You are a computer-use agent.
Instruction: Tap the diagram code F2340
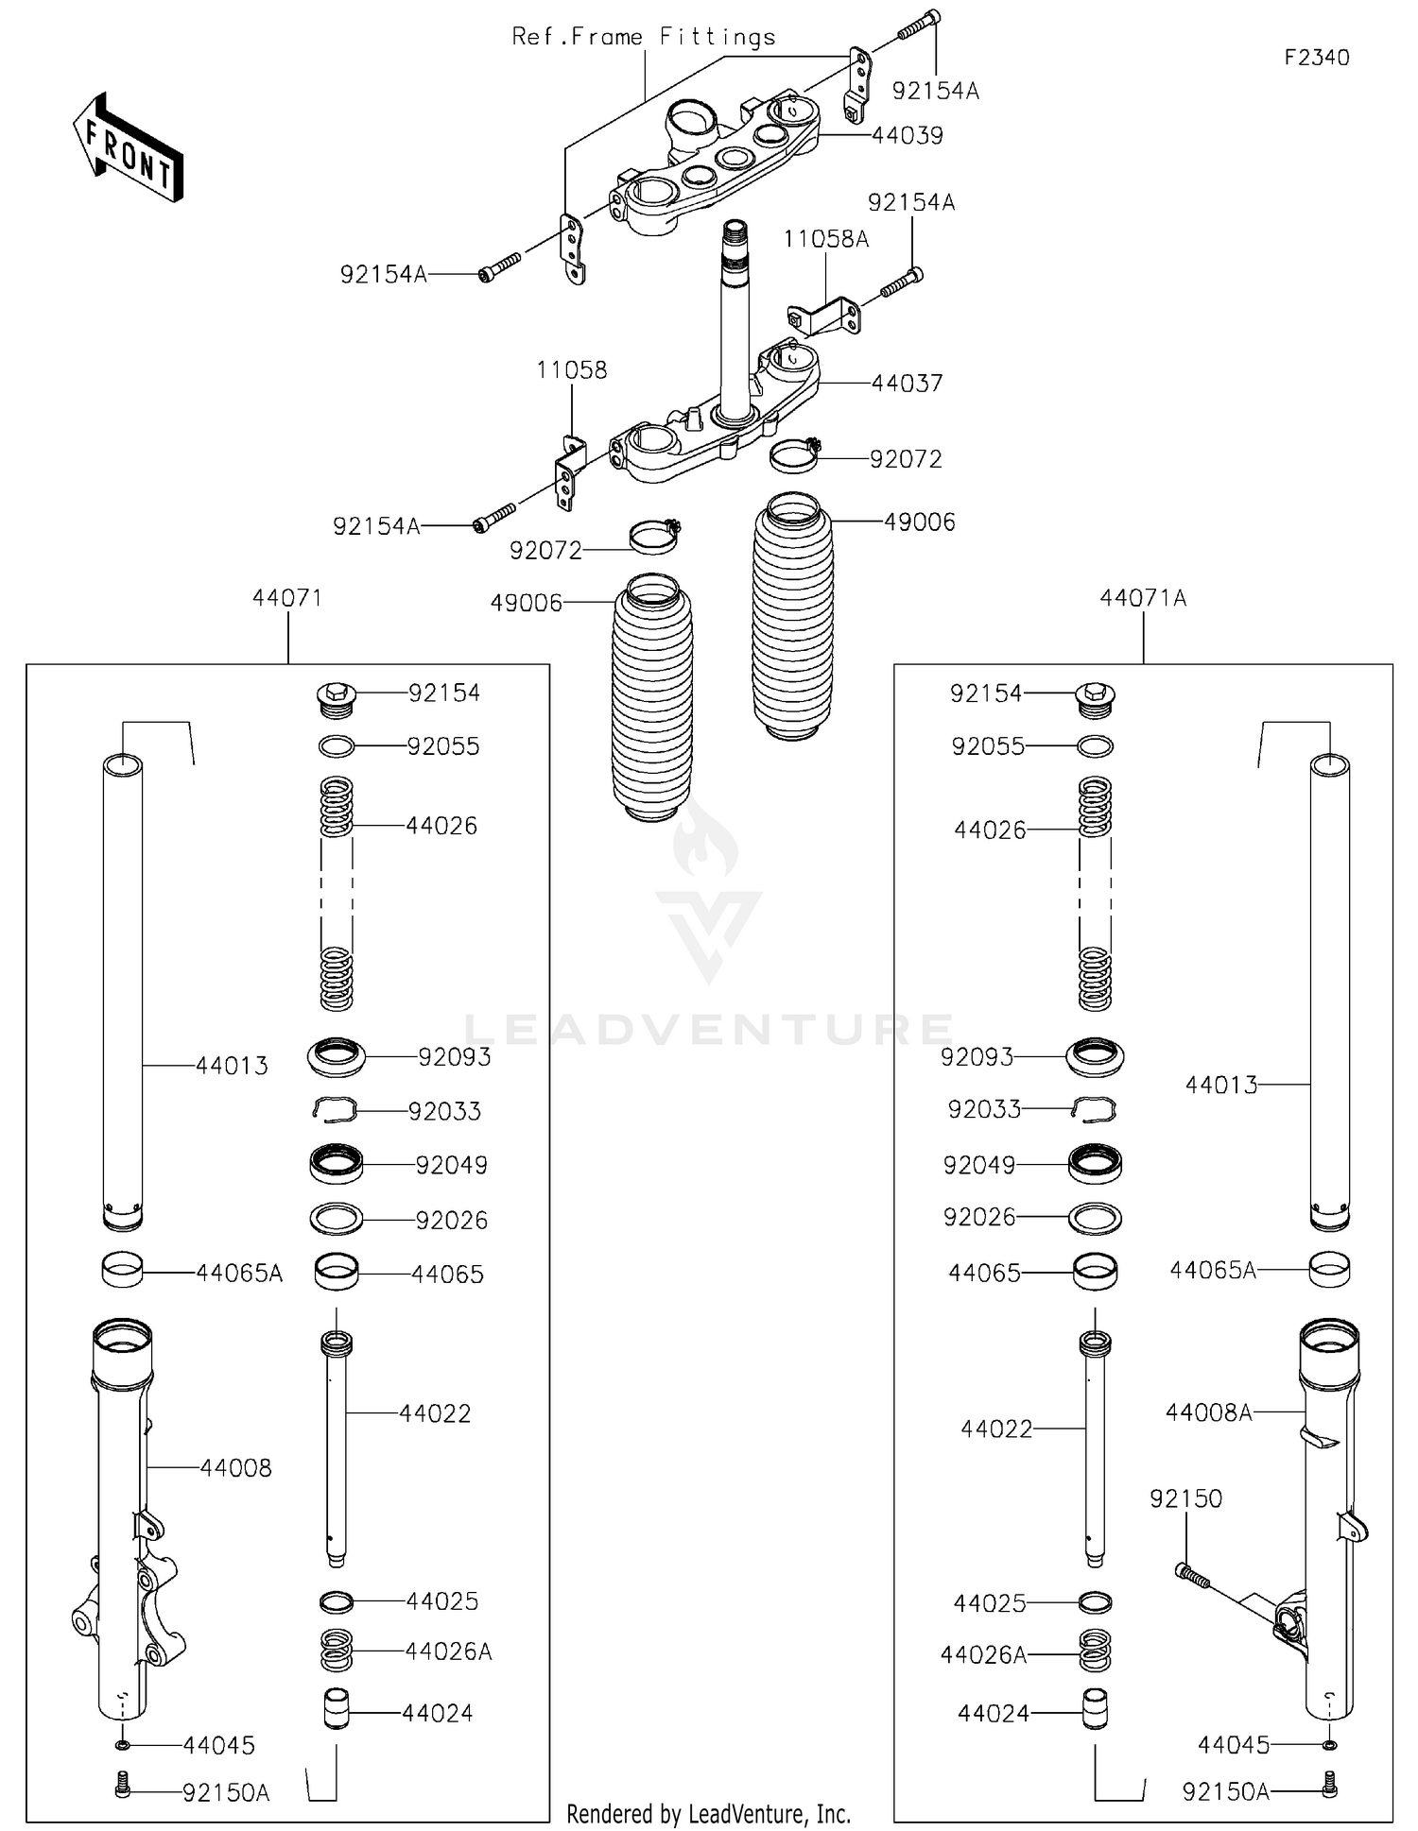pyautogui.click(x=1316, y=58)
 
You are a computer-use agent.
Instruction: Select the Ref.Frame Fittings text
pyautogui.click(x=644, y=37)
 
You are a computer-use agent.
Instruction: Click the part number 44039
pyautogui.click(x=907, y=135)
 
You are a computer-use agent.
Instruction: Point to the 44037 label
pyautogui.click(x=907, y=383)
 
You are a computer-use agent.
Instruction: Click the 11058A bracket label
pyautogui.click(x=825, y=239)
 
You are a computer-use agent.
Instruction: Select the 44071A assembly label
pyautogui.click(x=1143, y=598)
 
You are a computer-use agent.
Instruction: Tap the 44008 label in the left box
pyautogui.click(x=235, y=1467)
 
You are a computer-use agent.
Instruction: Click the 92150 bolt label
pyautogui.click(x=1185, y=1498)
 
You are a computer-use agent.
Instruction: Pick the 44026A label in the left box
pyautogui.click(x=448, y=1651)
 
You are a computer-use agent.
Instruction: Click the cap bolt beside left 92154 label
pyautogui.click(x=336, y=698)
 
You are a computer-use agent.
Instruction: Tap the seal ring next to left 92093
pyautogui.click(x=337, y=1056)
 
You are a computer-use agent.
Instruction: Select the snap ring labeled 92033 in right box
pyautogui.click(x=1095, y=1109)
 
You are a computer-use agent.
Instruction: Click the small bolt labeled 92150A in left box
pyautogui.click(x=122, y=1784)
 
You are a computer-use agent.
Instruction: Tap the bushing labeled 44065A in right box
pyautogui.click(x=1329, y=1270)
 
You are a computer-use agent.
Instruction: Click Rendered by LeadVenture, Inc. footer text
pyautogui.click(x=708, y=1814)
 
